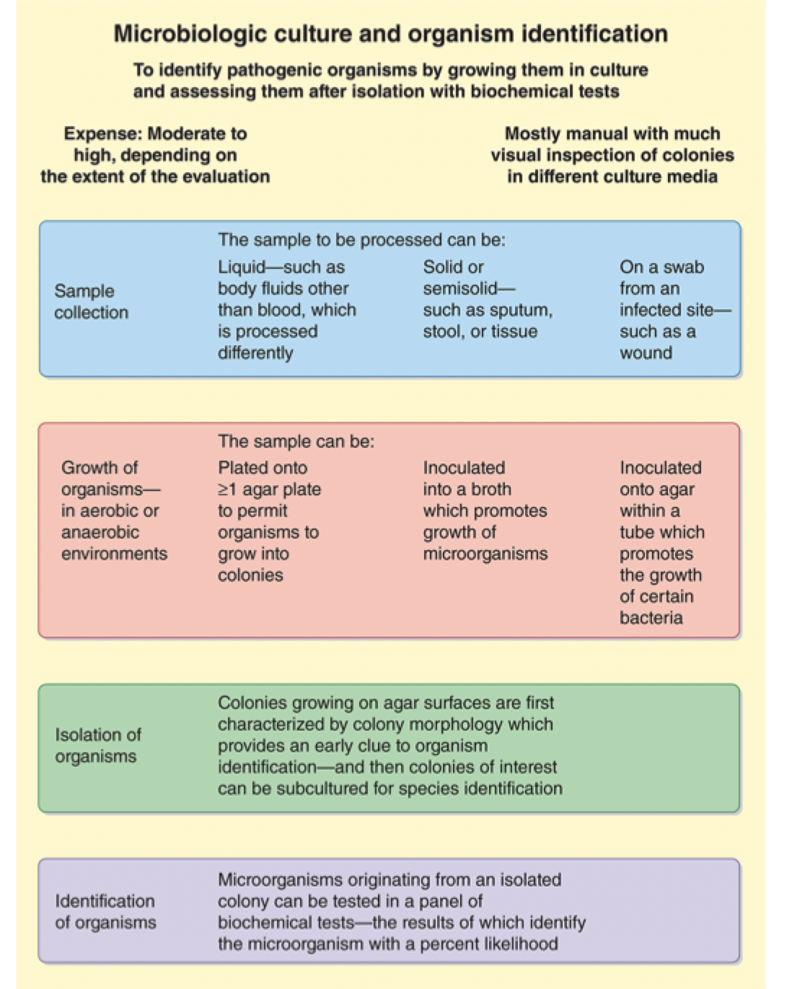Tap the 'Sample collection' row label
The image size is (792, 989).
tap(91, 301)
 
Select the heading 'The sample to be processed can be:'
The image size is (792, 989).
tap(361, 240)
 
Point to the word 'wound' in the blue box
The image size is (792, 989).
tap(646, 353)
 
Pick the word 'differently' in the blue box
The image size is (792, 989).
tap(255, 353)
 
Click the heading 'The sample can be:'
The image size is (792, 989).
tap(296, 441)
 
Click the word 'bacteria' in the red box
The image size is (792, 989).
tap(651, 618)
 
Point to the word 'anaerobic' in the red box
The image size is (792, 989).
tap(100, 533)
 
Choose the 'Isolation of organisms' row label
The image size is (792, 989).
tap(97, 745)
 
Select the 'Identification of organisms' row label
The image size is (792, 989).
tap(105, 912)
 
